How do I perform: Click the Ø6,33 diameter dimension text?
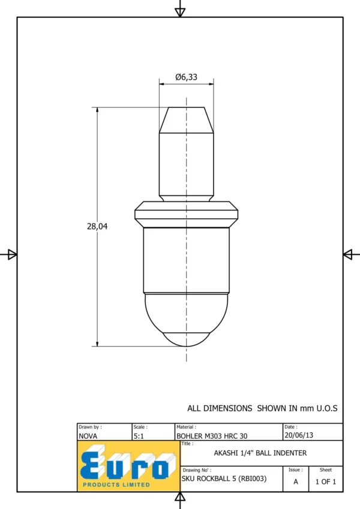point(186,77)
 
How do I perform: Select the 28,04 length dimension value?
point(97,226)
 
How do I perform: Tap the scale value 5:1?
point(139,436)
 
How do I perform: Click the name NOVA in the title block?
point(88,436)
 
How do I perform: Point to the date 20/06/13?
point(299,435)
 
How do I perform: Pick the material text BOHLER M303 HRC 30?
point(212,436)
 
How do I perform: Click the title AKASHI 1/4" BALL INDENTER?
point(260,453)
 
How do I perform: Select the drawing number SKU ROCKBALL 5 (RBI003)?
point(224,478)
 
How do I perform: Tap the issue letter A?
point(296,482)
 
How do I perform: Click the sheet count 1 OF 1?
point(326,482)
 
